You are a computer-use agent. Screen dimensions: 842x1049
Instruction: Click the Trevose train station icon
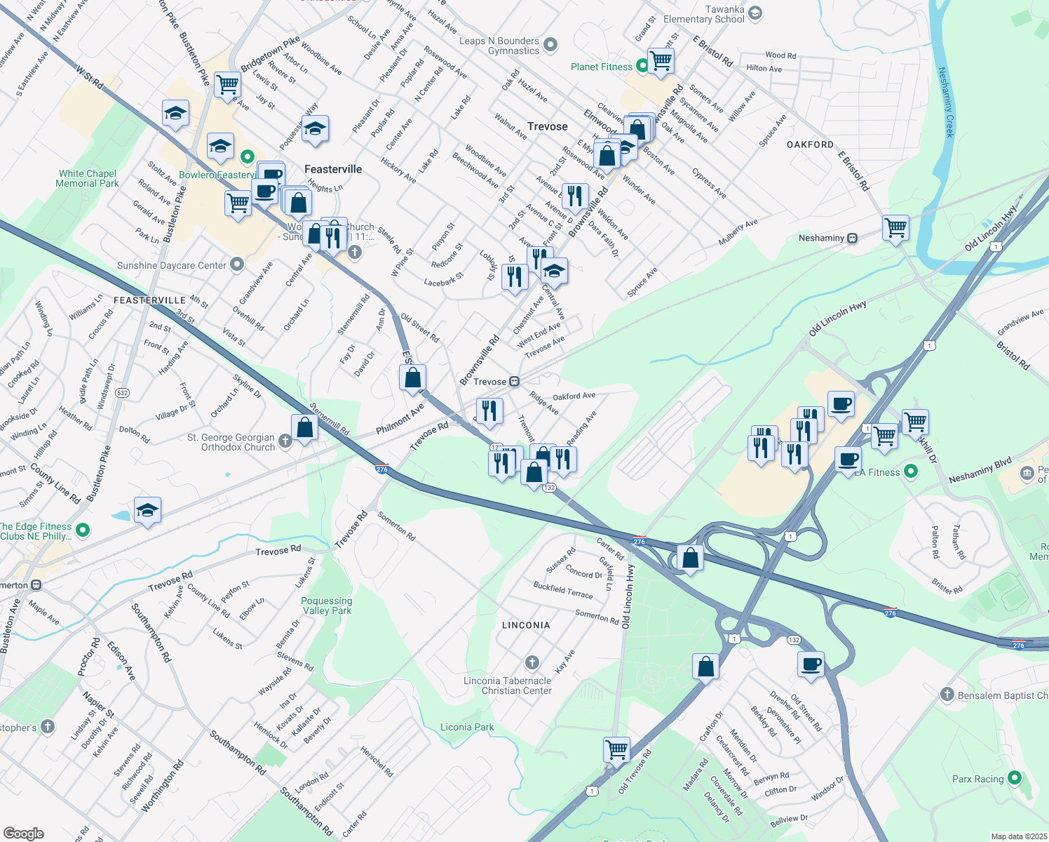click(x=514, y=382)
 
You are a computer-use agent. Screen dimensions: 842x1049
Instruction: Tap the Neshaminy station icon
click(x=852, y=238)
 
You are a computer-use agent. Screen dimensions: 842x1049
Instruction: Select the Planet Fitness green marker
click(x=639, y=67)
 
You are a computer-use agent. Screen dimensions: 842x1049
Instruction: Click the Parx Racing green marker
click(x=1014, y=778)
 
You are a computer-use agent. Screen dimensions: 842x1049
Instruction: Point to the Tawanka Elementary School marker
click(x=754, y=13)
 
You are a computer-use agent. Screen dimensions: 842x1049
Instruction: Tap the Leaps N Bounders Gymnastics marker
click(x=550, y=45)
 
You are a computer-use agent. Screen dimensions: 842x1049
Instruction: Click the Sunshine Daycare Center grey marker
click(x=237, y=265)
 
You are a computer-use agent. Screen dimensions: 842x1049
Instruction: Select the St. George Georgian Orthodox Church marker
click(x=285, y=441)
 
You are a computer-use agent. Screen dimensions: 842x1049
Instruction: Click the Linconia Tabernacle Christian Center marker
click(x=532, y=662)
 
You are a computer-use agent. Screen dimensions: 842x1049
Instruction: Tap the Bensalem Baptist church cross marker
click(x=947, y=695)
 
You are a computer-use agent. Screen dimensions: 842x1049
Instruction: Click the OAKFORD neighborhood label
click(x=810, y=145)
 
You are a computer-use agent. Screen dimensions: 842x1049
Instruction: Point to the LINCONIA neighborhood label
click(x=526, y=625)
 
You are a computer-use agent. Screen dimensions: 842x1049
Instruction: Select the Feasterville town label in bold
click(x=333, y=169)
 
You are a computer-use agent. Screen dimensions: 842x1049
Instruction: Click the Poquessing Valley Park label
click(x=326, y=606)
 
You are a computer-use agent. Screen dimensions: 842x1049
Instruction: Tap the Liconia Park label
click(x=467, y=727)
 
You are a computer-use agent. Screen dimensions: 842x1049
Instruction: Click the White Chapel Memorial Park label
click(x=88, y=178)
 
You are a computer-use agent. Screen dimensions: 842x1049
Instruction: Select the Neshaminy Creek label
click(x=946, y=102)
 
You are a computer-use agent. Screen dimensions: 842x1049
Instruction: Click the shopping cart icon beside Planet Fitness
click(x=661, y=60)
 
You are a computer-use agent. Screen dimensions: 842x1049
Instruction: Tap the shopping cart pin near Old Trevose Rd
click(x=616, y=749)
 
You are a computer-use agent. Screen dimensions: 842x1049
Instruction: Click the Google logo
click(x=24, y=833)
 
